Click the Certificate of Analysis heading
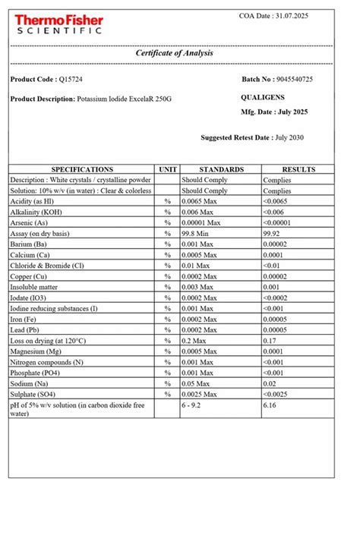(175, 53)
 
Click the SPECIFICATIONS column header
(82, 169)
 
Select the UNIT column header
(168, 169)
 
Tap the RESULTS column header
(298, 169)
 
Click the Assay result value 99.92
(273, 234)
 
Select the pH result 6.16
(270, 407)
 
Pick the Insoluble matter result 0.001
(272, 288)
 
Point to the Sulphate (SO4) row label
(35, 395)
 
